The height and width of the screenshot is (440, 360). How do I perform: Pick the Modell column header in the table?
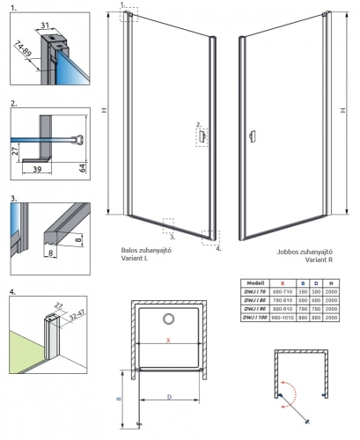pyautogui.click(x=254, y=274)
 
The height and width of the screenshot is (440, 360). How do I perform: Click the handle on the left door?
pyautogui.click(x=203, y=138)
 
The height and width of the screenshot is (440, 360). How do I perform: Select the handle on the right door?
pyautogui.click(x=251, y=136)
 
